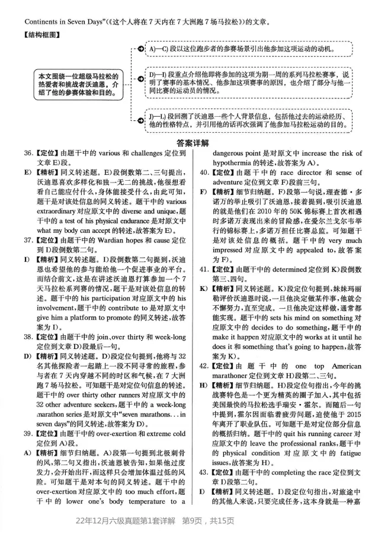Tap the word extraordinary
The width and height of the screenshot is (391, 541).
(61, 211)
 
